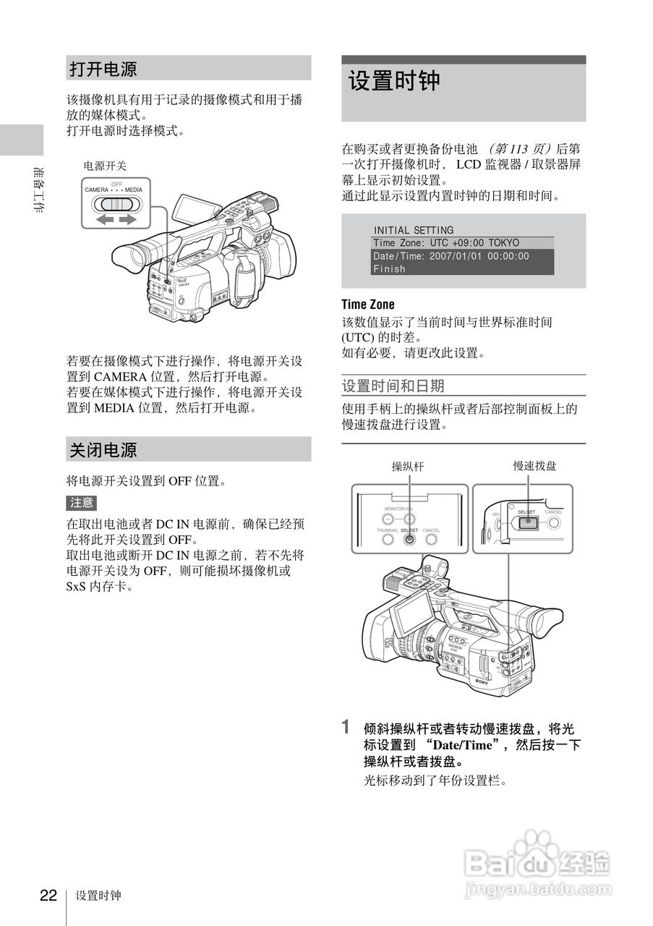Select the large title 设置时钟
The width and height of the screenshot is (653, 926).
[x=395, y=81]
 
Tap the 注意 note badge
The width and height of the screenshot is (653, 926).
[x=81, y=503]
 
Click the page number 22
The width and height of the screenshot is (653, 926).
[x=48, y=896]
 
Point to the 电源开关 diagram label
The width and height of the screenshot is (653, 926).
[x=105, y=166]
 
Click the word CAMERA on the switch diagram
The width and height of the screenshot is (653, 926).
[x=96, y=190]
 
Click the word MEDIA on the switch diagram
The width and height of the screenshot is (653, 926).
[x=134, y=190]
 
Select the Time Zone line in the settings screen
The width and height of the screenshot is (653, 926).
[x=445, y=243]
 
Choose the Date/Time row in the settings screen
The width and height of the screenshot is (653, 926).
[x=451, y=256]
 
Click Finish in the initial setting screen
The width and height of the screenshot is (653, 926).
[x=389, y=269]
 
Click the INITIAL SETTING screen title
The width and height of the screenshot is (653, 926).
[x=414, y=230]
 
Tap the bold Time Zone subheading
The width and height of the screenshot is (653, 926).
[x=368, y=305]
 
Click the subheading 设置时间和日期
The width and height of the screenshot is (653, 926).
[x=393, y=386]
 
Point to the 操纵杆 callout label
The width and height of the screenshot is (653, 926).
[x=408, y=467]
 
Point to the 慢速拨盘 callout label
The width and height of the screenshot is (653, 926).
[x=534, y=467]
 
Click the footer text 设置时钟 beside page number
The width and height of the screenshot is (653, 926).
[x=98, y=896]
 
